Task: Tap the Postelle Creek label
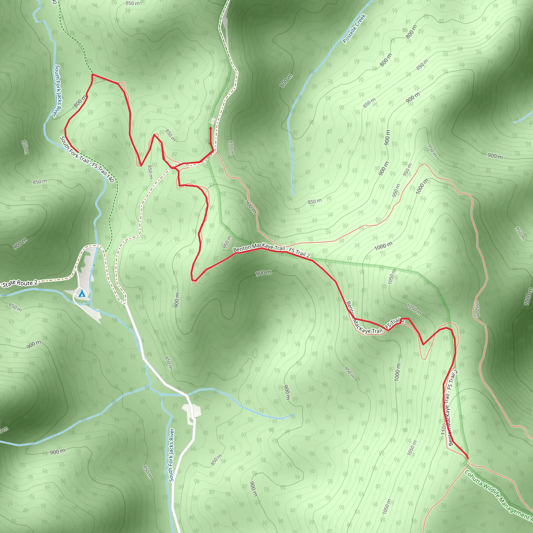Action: pyautogui.click(x=354, y=29)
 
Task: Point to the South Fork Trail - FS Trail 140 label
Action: pyautogui.click(x=87, y=160)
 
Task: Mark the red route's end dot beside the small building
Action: pyautogui.click(x=211, y=129)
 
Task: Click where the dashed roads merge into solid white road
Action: pyautogui.click(x=126, y=304)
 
